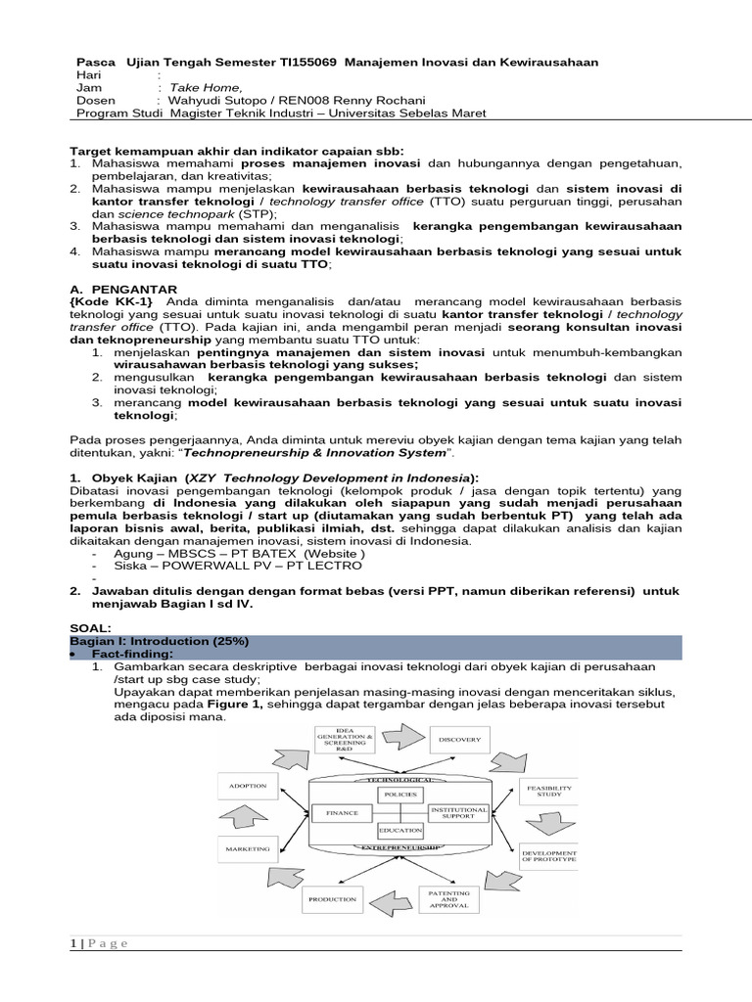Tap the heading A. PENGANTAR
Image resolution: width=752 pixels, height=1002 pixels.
123,290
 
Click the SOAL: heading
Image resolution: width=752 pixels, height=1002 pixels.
90,627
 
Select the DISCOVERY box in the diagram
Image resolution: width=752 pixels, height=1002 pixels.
459,740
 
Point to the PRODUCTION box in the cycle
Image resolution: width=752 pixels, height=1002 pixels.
332,898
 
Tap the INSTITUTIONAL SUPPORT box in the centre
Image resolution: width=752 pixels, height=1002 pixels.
457,812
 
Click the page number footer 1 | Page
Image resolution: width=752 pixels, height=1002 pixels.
99,943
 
